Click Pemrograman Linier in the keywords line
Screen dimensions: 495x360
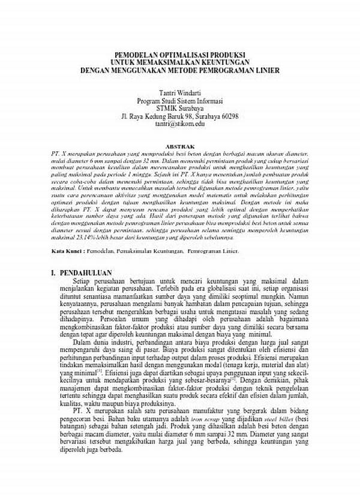click(x=212, y=252)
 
